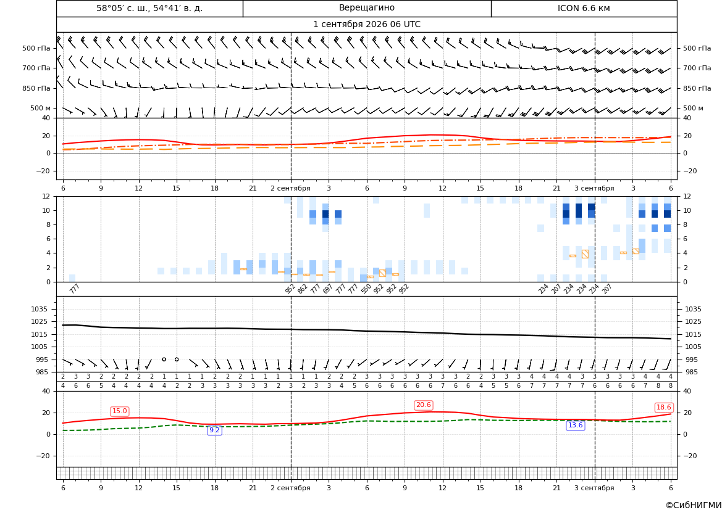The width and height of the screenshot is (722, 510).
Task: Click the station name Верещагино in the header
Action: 366,8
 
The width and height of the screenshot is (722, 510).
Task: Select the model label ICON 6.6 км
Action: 584,8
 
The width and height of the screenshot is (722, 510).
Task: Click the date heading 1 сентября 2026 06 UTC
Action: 366,25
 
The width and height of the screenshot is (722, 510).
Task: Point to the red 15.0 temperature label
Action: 120,411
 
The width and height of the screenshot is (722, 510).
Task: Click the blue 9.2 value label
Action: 214,430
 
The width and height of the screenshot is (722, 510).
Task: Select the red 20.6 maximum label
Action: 423,405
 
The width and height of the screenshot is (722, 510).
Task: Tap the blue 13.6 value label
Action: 575,426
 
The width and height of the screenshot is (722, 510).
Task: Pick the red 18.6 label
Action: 663,408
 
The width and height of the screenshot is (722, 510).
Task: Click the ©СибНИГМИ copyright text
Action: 694,505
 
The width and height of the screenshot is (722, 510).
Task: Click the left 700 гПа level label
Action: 36,68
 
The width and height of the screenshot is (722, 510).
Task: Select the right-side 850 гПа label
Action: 697,88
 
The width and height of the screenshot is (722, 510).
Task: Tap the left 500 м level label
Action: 41,108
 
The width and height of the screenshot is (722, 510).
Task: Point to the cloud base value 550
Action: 366,289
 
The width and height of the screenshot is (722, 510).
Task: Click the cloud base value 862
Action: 302,289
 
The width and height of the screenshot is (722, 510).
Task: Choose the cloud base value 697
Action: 327,289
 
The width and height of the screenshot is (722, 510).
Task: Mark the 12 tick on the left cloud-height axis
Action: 46,196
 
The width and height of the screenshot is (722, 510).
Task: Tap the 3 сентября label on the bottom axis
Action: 594,488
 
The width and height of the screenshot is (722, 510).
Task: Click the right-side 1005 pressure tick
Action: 694,347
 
